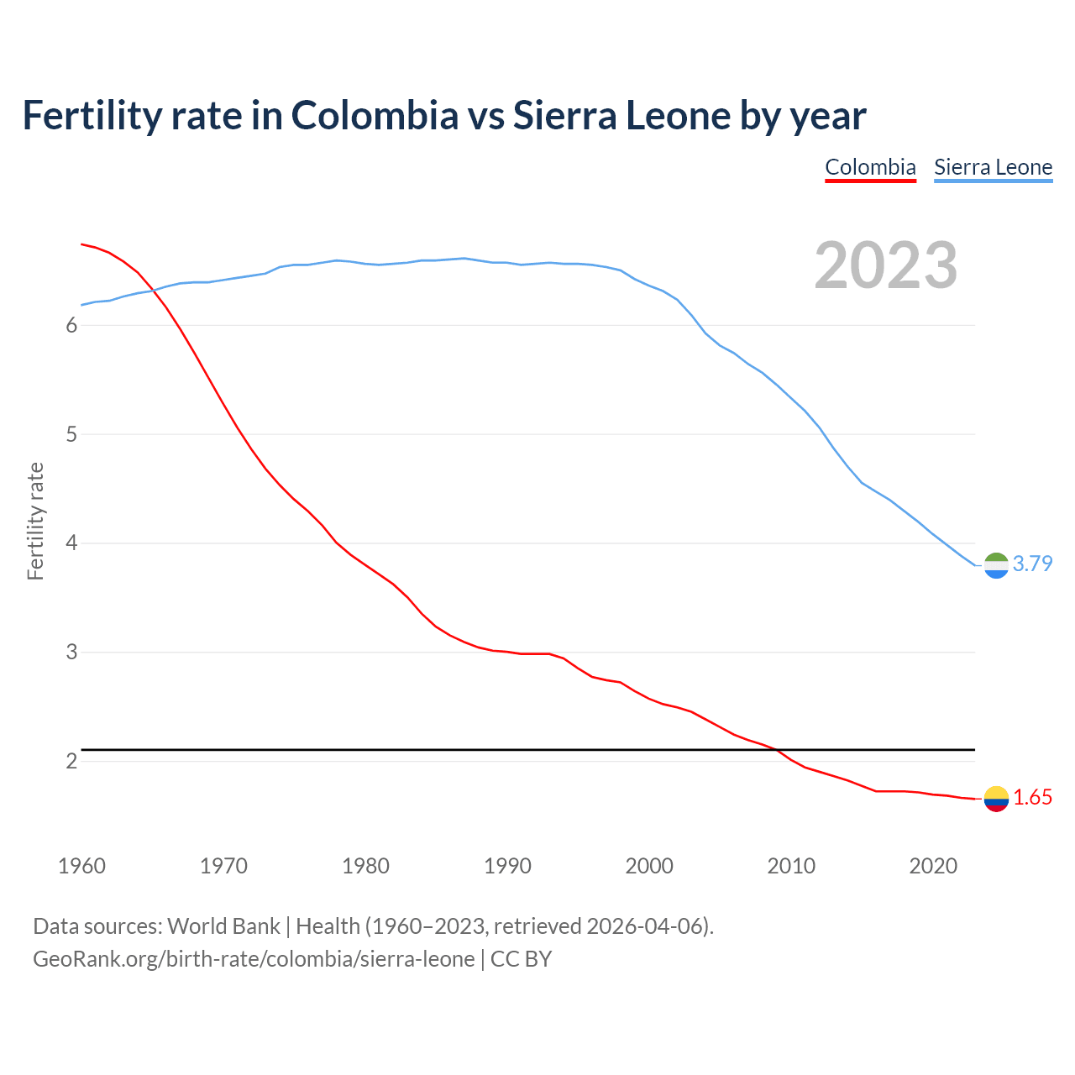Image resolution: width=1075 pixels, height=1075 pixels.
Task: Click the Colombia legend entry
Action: [870, 167]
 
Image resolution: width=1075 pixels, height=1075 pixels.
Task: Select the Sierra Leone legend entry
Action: [993, 167]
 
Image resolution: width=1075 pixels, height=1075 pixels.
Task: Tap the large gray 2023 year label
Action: [886, 265]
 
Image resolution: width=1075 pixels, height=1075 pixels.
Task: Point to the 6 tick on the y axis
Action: [71, 326]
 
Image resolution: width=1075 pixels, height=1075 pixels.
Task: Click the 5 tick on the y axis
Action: [71, 435]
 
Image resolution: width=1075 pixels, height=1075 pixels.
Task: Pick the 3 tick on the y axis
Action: [71, 653]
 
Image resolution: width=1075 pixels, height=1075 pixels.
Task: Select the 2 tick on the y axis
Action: [71, 762]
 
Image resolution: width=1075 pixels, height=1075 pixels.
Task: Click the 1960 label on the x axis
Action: [81, 866]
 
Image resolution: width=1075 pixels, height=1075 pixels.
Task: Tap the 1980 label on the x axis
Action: [365, 866]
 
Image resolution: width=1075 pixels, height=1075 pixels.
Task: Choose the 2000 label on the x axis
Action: [649, 866]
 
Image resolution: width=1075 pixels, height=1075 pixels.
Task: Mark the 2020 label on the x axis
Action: [933, 866]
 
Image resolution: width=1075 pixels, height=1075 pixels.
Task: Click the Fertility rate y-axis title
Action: [35, 521]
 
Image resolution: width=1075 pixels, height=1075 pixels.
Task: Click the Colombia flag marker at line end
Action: [996, 799]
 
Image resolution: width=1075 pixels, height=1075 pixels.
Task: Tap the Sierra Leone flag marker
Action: [996, 565]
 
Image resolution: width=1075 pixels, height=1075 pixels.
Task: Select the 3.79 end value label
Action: [1032, 564]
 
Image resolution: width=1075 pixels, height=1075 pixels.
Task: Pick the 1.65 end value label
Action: [1032, 798]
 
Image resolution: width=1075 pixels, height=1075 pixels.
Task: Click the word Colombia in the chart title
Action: [375, 115]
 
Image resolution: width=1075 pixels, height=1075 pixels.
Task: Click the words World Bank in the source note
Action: [223, 926]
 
